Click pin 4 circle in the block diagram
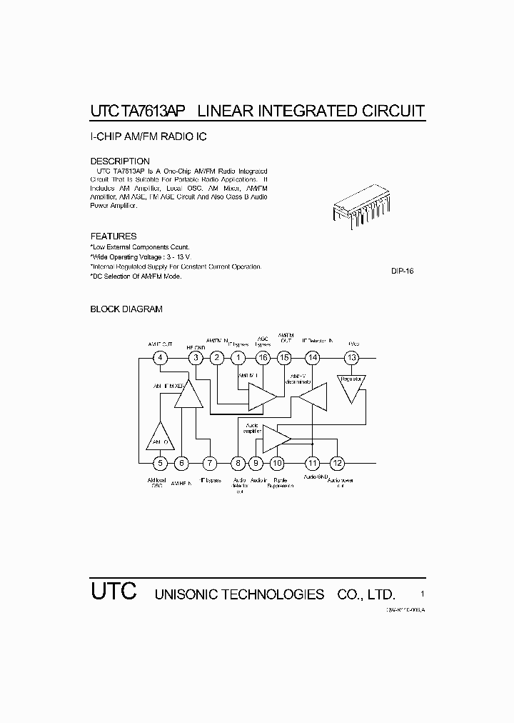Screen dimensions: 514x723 [161, 358]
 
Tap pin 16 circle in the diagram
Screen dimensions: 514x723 [263, 358]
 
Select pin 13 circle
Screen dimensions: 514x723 [352, 358]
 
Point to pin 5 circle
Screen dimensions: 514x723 [161, 463]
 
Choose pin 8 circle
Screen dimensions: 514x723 [238, 463]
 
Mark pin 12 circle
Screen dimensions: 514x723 [338, 463]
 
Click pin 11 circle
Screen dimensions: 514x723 [312, 463]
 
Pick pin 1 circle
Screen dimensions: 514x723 [239, 358]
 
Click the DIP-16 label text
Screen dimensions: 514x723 [403, 271]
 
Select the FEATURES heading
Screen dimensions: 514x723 [114, 236]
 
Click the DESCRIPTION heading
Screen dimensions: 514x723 [120, 161]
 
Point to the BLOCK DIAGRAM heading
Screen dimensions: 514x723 [126, 309]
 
